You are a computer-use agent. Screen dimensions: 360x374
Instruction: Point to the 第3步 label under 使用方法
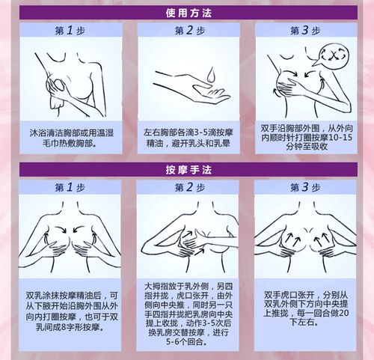coord(304,31)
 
